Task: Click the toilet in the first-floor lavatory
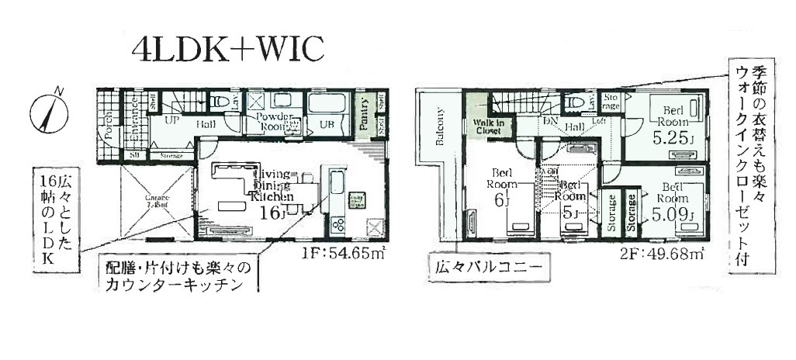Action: tap(220, 102)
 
